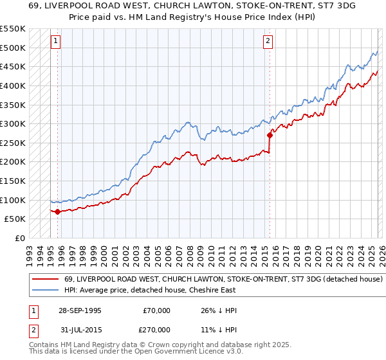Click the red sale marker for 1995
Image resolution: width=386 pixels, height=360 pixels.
click(58, 211)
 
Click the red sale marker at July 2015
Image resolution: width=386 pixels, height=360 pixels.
click(270, 134)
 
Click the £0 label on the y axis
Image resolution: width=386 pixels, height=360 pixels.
click(19, 238)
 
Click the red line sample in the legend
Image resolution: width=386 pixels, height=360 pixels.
click(45, 280)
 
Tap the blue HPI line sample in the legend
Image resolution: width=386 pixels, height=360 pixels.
click(45, 291)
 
